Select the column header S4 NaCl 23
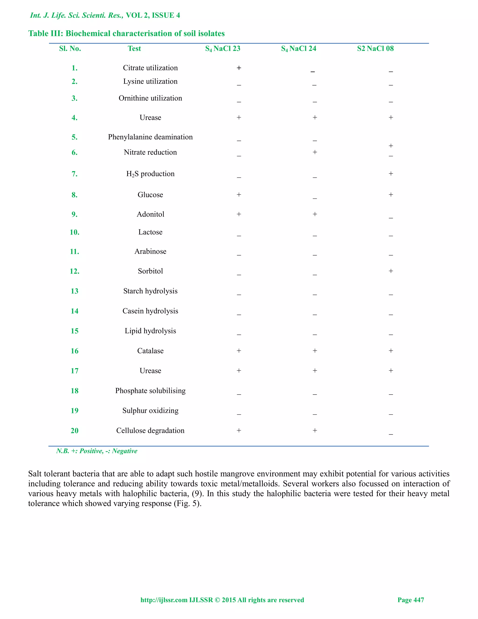pyautogui.click(x=223, y=49)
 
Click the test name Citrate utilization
pyautogui.click(x=150, y=68)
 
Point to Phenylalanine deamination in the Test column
pyautogui.click(x=150, y=137)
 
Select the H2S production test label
pyautogui.click(x=150, y=174)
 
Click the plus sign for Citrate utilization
pyautogui.click(x=239, y=68)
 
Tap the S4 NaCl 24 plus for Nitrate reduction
pyautogui.click(x=315, y=152)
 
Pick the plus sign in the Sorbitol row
pyautogui.click(x=391, y=271)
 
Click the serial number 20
pyautogui.click(x=74, y=430)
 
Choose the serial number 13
pyautogui.click(x=74, y=291)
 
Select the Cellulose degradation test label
pyautogui.click(x=150, y=430)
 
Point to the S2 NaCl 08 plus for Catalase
pyautogui.click(x=391, y=351)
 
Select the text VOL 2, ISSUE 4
pyautogui.click(x=153, y=15)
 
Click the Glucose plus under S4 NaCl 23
pyautogui.click(x=239, y=195)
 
